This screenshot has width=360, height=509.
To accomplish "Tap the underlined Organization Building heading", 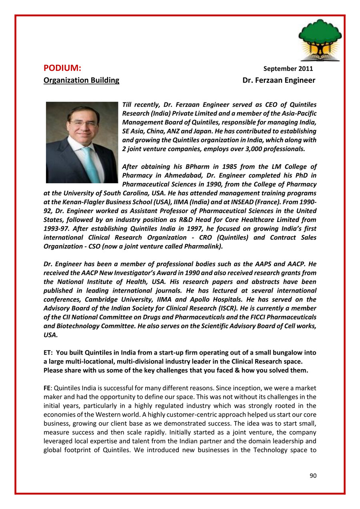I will click(81, 80).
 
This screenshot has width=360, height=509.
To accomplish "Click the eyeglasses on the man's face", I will click(83, 124).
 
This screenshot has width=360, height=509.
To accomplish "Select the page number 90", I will click(313, 475).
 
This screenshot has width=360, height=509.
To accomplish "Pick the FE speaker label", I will click(47, 388).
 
